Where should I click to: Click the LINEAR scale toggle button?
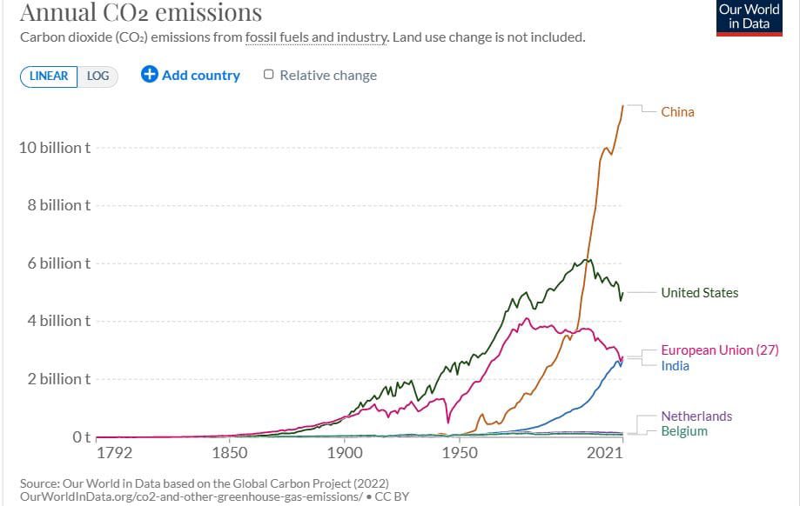[49, 76]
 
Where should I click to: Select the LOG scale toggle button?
[98, 76]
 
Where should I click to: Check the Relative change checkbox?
[269, 75]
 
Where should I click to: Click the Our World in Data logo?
[749, 17]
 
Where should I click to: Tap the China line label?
[677, 111]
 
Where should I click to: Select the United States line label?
[699, 292]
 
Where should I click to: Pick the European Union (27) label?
[719, 350]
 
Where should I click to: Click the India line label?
[675, 365]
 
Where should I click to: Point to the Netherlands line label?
[696, 416]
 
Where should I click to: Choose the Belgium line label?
[684, 431]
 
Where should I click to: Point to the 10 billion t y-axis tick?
[54, 148]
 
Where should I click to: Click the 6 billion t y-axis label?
[58, 263]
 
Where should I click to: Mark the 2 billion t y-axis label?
[58, 379]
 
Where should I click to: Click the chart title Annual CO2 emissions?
[140, 13]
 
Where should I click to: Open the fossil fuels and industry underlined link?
[316, 37]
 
